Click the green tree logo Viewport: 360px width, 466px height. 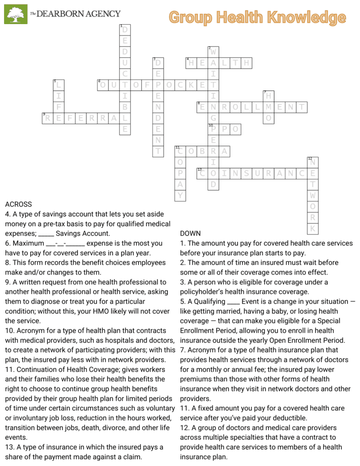click(x=16, y=14)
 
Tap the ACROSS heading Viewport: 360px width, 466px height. click(x=18, y=204)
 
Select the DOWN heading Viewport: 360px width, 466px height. click(x=190, y=233)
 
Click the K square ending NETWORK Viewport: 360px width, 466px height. click(x=313, y=228)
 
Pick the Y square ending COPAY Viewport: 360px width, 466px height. click(x=180, y=196)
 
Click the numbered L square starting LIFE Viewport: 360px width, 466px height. click(x=58, y=85)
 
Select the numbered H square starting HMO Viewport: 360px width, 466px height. click(x=269, y=96)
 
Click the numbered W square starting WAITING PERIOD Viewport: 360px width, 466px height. click(x=213, y=52)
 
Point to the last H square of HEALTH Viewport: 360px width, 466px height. click(x=246, y=63)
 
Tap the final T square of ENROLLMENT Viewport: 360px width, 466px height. click(x=302, y=107)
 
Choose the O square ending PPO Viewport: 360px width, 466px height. click(x=235, y=129)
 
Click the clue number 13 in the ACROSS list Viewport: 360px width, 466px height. click(x=9, y=447)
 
